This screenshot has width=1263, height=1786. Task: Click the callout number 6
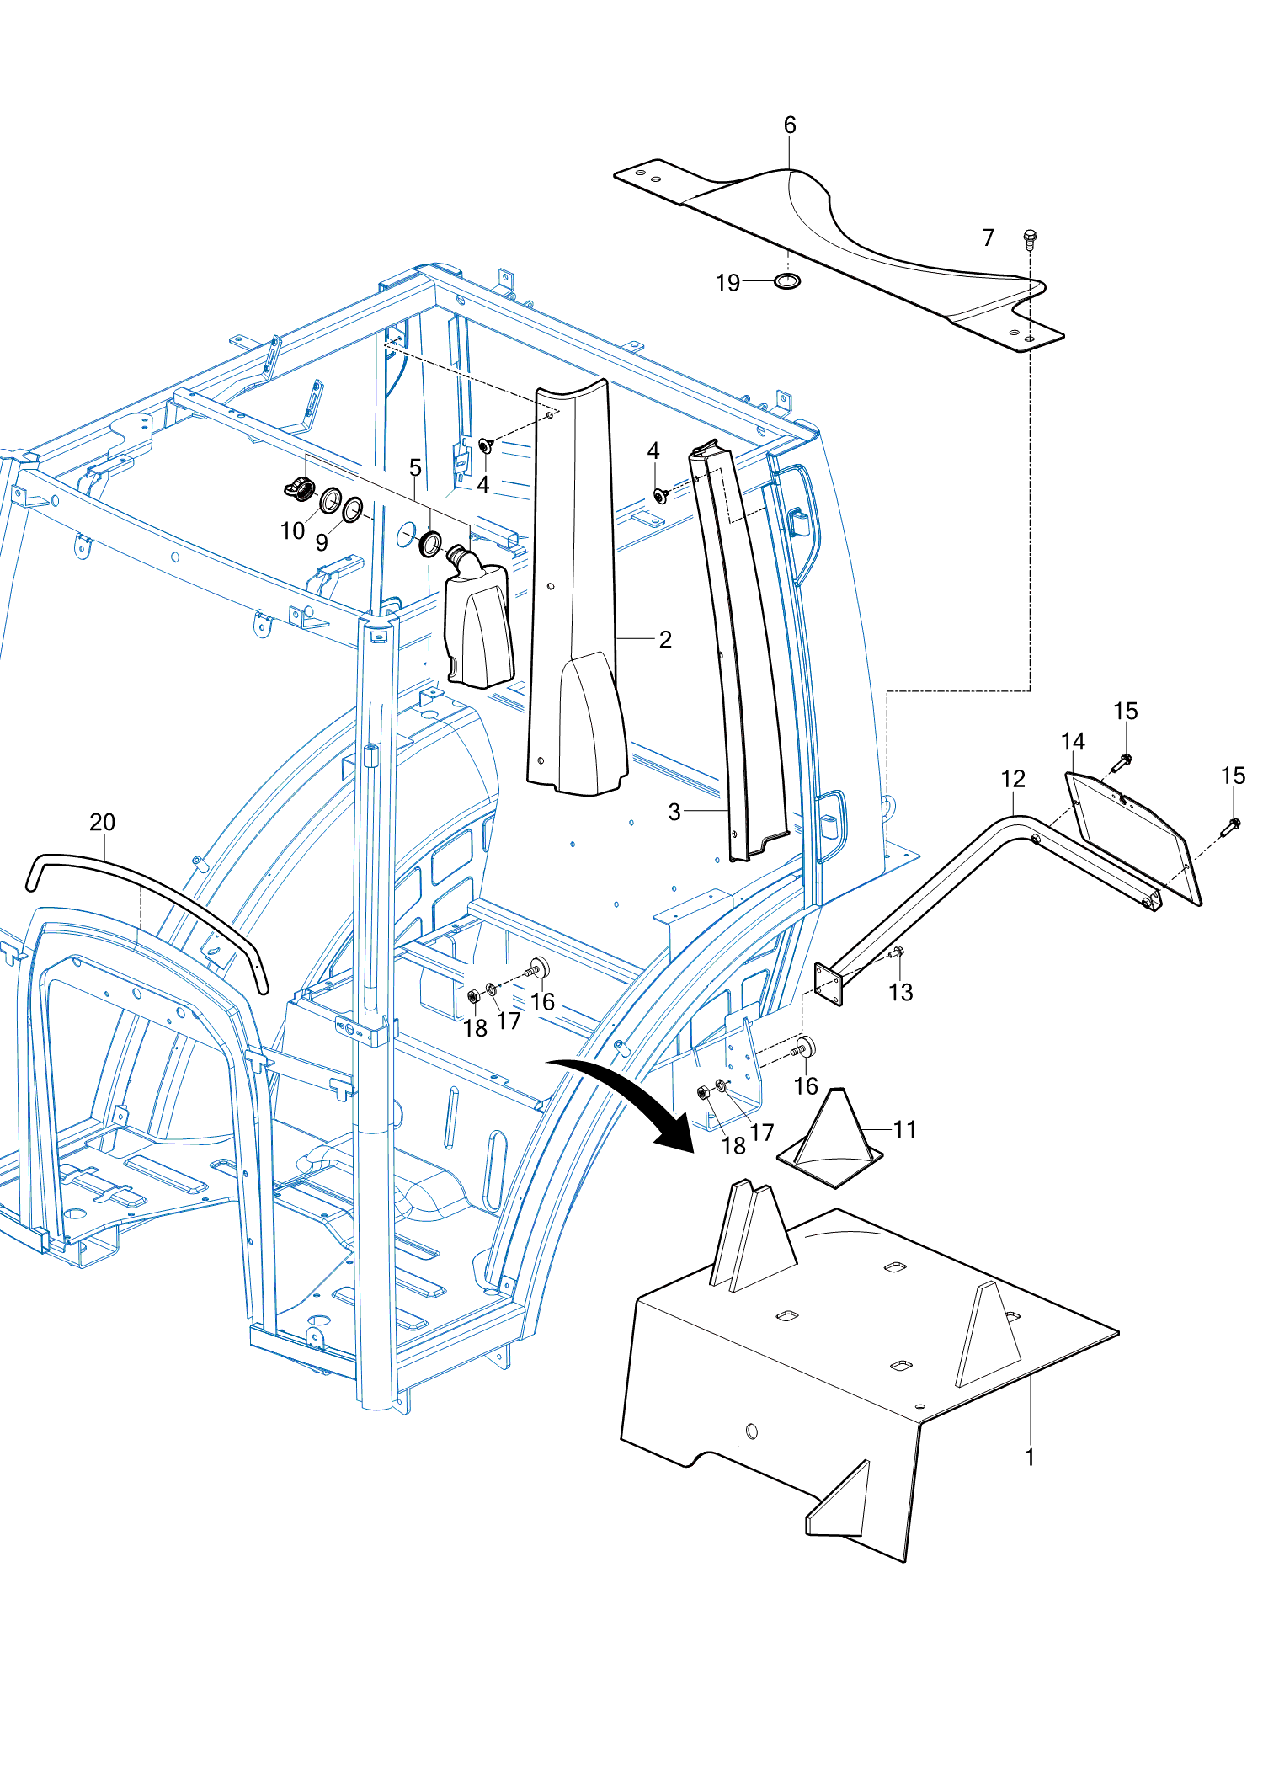coord(789,125)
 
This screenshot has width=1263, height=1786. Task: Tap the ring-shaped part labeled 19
coord(787,280)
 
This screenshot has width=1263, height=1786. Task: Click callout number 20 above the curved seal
coord(102,822)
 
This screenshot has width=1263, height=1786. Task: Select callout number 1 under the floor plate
coord(1029,1457)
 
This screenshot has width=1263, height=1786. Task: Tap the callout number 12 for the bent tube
coord(1013,779)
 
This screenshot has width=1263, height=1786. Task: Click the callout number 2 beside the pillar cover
coord(665,639)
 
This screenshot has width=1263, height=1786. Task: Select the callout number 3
coord(674,812)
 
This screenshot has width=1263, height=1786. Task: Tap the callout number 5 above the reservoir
coord(415,467)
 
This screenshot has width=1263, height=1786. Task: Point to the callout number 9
coord(321,542)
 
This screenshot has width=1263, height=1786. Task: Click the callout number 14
coord(1073,741)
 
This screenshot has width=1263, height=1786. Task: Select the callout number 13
coord(900,992)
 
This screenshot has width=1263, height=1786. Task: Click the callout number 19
coord(727,282)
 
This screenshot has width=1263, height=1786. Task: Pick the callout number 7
coord(988,237)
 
